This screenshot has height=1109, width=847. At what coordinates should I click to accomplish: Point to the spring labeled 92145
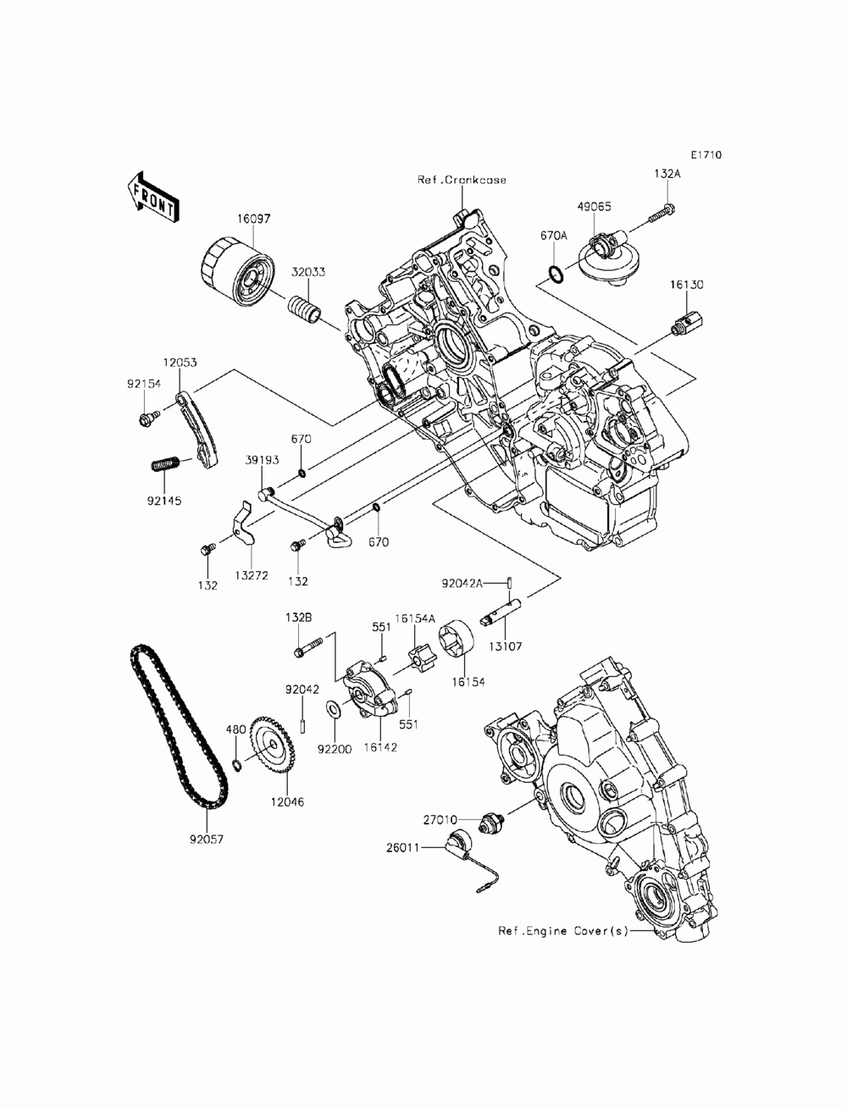[166, 464]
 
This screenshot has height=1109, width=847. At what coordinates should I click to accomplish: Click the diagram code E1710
[706, 155]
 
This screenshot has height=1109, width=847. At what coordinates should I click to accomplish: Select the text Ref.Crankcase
[462, 180]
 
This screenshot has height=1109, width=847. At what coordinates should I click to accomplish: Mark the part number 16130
[689, 286]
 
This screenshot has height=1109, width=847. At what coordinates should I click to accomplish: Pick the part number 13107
[506, 646]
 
